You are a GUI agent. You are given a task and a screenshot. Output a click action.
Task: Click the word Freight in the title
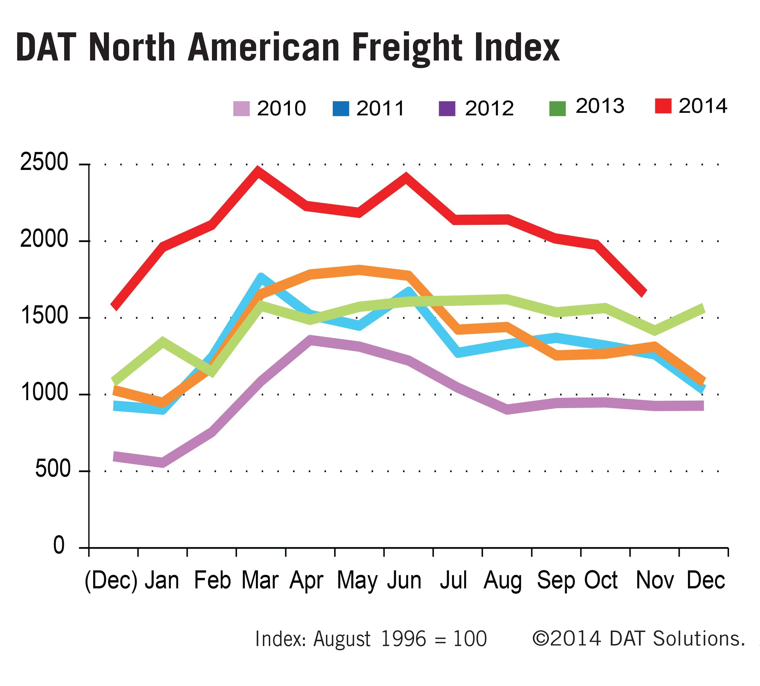tap(407, 48)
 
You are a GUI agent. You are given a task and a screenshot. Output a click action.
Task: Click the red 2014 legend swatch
tap(663, 106)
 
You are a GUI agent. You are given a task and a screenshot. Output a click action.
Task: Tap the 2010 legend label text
tap(281, 109)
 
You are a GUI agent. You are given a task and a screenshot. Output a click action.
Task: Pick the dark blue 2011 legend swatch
tap(341, 109)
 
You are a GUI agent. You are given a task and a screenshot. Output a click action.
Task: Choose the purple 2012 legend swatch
tap(447, 109)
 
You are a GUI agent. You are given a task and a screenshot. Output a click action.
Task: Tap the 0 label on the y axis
tap(59, 546)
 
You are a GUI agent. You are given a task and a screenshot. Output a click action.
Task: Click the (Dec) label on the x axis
tap(111, 580)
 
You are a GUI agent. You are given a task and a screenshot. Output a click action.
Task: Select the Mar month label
tap(260, 580)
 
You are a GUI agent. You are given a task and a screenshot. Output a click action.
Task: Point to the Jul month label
tap(453, 580)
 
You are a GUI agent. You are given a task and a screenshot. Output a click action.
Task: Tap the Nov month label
tap(655, 580)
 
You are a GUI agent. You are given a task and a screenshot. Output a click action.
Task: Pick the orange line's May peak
tap(359, 270)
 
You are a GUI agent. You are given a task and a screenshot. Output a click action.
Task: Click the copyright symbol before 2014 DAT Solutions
tap(541, 638)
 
